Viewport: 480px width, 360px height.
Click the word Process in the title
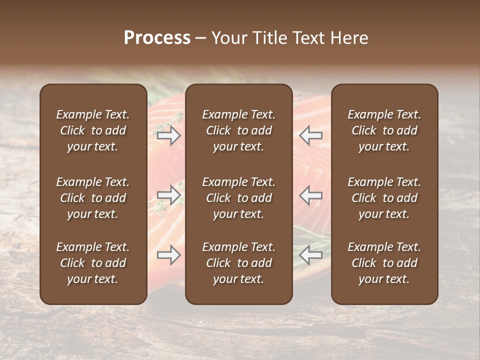157,38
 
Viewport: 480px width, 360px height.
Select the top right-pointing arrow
168,135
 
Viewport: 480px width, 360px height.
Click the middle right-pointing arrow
168,195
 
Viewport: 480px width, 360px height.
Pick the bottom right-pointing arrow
168,255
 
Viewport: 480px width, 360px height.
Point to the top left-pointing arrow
310,135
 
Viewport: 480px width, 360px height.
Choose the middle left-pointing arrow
310,195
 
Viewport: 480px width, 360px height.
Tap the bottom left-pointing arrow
310,255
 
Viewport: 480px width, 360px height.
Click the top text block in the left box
93,130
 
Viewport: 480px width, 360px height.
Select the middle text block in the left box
93,198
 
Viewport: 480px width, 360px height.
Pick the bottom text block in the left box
93,263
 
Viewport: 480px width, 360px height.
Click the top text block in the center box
238,130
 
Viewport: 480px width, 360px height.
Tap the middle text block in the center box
238,198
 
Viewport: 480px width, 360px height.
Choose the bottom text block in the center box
238,263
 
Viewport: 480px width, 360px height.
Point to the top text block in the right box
384,130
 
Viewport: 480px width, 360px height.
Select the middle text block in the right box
384,198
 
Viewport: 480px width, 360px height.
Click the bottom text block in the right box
384,263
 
